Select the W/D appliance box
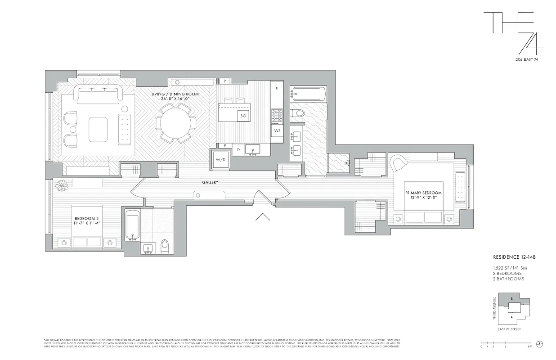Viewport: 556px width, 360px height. [220, 160]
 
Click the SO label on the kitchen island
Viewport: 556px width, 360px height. [243, 116]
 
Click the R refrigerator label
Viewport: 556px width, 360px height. [276, 89]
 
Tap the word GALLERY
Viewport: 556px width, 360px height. [210, 182]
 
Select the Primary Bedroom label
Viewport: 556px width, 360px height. [423, 195]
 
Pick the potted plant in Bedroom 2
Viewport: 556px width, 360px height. [62, 184]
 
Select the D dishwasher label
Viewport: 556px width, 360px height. [239, 149]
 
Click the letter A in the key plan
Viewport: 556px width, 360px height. [511, 317]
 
